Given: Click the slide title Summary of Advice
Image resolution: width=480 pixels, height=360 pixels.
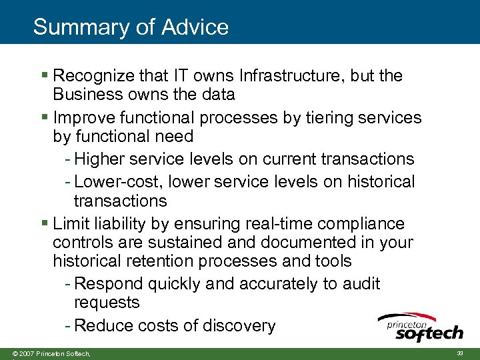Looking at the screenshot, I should pyautogui.click(x=131, y=27).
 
